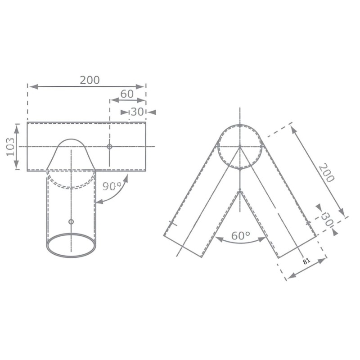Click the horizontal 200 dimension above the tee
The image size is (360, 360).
[90, 80]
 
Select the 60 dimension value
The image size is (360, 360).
[127, 94]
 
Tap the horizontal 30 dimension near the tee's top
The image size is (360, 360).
[137, 112]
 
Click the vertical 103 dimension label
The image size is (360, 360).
[11, 147]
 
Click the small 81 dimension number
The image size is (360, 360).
[307, 261]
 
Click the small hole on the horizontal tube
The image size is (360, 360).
[109, 147]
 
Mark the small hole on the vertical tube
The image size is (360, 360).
[71, 221]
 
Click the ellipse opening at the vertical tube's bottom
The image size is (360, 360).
[71, 245]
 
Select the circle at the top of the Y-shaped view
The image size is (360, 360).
[240, 146]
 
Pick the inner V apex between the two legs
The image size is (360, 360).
[240, 190]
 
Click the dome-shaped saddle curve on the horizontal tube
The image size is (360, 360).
[71, 140]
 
